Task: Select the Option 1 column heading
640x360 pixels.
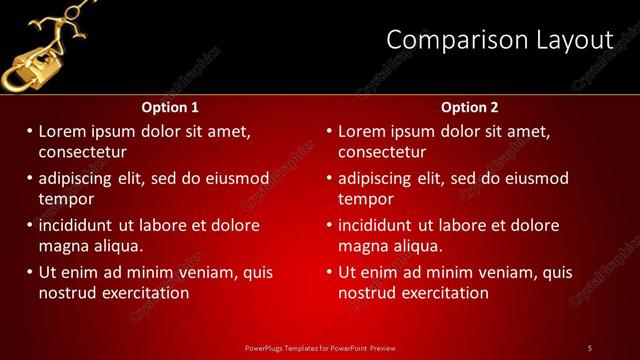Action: [x=170, y=107]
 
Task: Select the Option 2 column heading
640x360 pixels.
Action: [x=469, y=107]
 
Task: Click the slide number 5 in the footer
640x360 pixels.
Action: [x=590, y=347]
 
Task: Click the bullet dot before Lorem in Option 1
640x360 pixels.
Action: [x=30, y=132]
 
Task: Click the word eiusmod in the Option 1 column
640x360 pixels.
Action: [x=238, y=179]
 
